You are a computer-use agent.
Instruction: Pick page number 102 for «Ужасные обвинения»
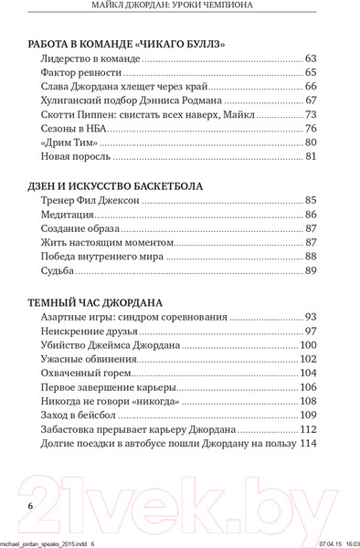pyautogui.click(x=306, y=359)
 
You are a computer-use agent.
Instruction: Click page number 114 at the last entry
pyautogui.click(x=306, y=444)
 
